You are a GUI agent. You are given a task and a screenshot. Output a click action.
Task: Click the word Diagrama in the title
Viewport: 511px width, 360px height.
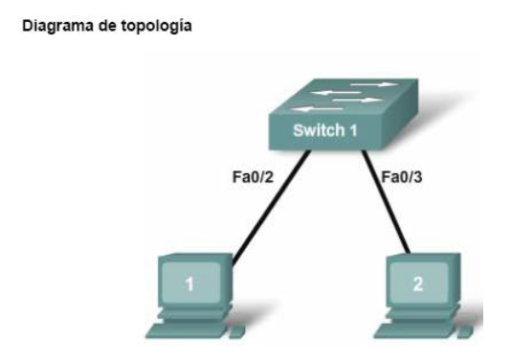52,26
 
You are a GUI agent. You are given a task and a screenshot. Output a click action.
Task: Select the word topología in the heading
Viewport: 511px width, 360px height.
158,27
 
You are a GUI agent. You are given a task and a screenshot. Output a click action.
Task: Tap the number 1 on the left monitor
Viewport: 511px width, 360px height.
189,284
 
